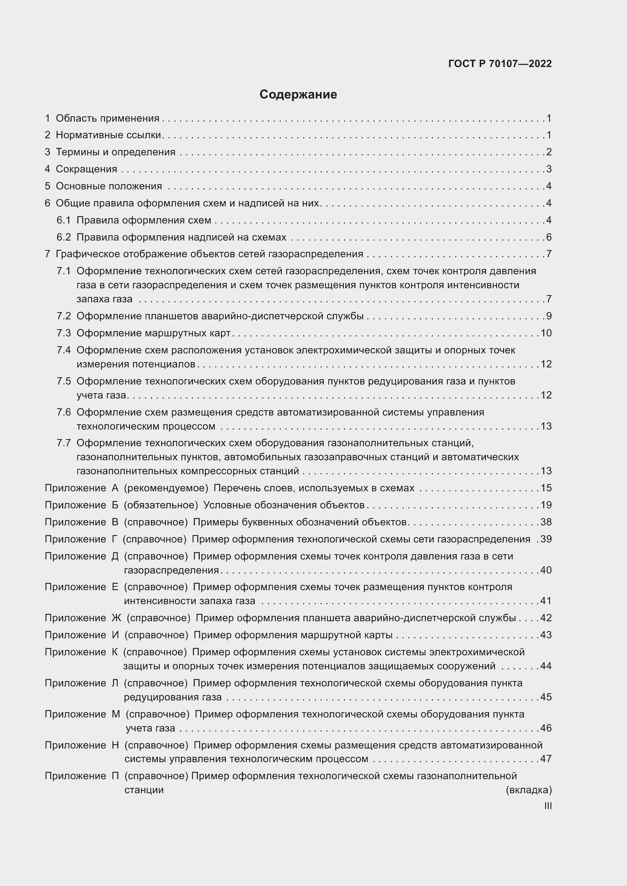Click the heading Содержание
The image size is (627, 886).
(298, 95)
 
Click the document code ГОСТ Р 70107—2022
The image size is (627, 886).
(500, 64)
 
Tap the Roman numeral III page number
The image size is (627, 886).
(547, 806)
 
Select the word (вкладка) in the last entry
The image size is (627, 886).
(528, 790)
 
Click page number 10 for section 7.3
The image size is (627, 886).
(546, 333)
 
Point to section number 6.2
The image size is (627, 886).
(64, 237)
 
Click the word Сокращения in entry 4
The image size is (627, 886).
(86, 169)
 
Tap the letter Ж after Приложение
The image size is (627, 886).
(116, 618)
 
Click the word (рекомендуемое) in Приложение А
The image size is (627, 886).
(166, 488)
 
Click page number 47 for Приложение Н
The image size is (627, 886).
(546, 759)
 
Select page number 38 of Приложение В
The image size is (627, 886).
(546, 522)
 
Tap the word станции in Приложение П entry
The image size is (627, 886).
(144, 790)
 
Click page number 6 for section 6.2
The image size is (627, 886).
(549, 237)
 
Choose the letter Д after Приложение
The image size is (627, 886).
(115, 556)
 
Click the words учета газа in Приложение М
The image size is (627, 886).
(150, 728)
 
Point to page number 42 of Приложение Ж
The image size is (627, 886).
(546, 618)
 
